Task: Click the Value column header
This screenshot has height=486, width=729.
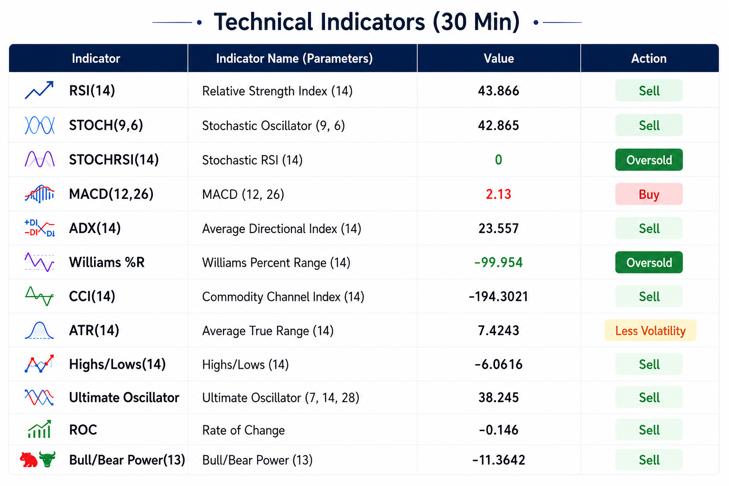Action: tap(499, 58)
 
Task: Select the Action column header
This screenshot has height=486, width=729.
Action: tap(649, 58)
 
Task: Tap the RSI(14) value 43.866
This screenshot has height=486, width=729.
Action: tap(499, 91)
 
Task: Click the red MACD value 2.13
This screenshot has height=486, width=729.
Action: tap(499, 194)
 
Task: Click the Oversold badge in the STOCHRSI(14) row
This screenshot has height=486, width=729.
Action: tap(649, 160)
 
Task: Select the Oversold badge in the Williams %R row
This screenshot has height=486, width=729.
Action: tap(649, 262)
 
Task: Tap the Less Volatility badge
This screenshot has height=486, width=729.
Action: tap(650, 331)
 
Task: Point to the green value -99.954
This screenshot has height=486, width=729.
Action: tap(499, 262)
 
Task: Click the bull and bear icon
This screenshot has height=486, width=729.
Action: tap(38, 459)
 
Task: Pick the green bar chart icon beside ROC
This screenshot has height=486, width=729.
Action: tap(39, 429)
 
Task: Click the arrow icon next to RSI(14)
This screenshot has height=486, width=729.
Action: tap(39, 90)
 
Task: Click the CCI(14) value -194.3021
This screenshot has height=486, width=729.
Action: tap(499, 297)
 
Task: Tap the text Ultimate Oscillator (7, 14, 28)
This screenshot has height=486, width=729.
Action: tap(280, 398)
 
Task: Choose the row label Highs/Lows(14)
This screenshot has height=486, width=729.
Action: tap(118, 364)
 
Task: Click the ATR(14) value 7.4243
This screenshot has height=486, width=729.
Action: tap(499, 331)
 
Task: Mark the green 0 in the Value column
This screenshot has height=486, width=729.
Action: tap(499, 160)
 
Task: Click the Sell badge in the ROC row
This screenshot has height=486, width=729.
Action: tap(649, 430)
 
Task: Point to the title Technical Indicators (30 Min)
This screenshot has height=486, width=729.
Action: tap(367, 22)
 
